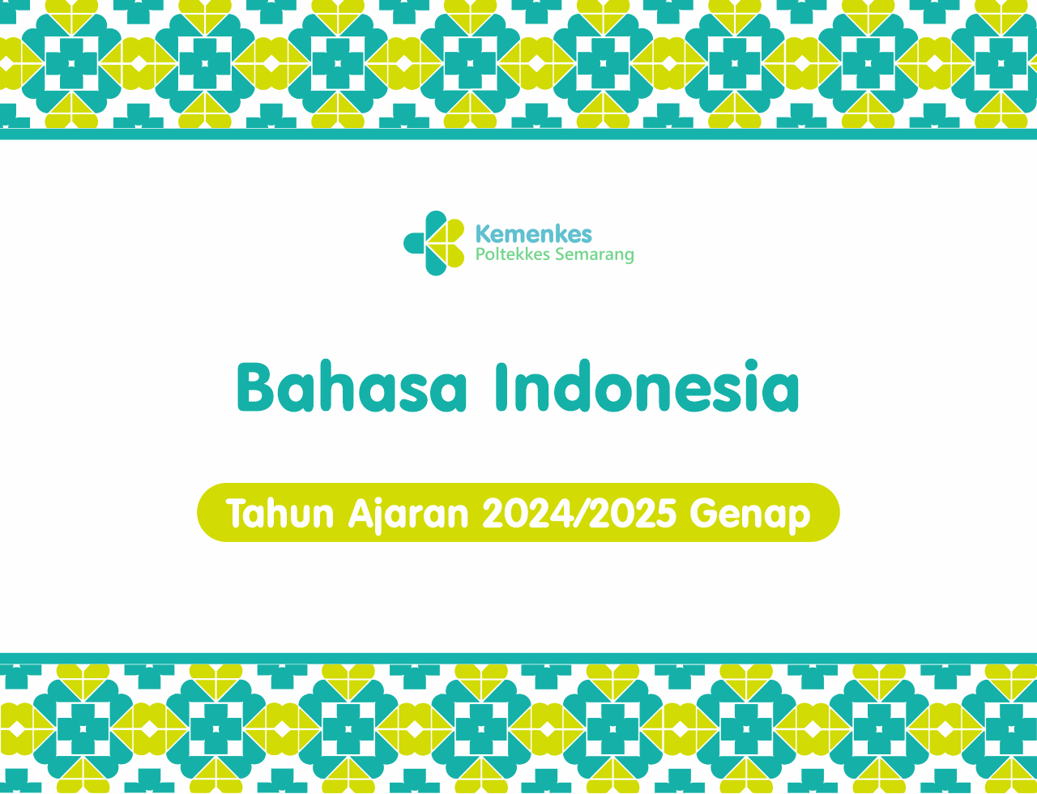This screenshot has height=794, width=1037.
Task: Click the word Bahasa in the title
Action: [x=351, y=386]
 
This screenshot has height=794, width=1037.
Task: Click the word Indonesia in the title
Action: [x=647, y=386]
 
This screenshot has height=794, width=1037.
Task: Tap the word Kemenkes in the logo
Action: [x=534, y=234]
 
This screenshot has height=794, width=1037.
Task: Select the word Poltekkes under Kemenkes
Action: [x=513, y=254]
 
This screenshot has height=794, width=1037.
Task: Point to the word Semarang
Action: [x=595, y=255]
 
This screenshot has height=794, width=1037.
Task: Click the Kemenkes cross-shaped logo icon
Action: [x=433, y=243]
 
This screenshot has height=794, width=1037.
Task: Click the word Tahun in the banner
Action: [x=280, y=514]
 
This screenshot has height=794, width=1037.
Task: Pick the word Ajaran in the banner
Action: [x=408, y=515]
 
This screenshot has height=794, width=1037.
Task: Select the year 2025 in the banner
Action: [x=632, y=514]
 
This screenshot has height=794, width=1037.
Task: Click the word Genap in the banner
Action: [x=749, y=515]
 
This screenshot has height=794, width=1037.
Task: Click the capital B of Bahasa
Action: [x=255, y=387]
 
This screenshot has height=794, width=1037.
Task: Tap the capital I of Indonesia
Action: [x=501, y=387]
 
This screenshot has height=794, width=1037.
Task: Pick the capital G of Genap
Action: [x=702, y=514]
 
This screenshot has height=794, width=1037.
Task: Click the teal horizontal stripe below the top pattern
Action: [x=518, y=134]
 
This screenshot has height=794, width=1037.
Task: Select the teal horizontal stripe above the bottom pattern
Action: [x=518, y=659]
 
